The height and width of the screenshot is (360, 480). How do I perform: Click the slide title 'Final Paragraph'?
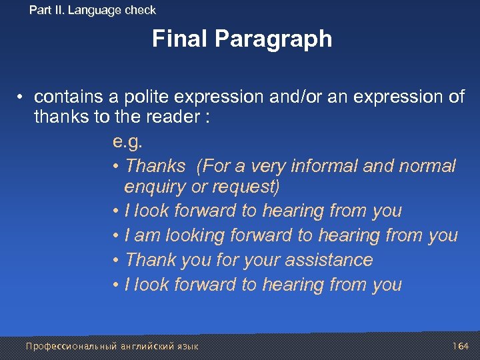241,39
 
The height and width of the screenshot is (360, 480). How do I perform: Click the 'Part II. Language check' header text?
93,10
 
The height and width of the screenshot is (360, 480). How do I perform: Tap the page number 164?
461,346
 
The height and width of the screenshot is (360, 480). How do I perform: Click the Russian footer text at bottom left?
112,346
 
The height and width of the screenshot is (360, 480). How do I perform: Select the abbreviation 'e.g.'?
128,142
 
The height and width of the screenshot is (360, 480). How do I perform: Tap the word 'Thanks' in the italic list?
155,166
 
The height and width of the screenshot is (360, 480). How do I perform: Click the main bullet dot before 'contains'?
22,97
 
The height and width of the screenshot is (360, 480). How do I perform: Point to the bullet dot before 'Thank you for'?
116,260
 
